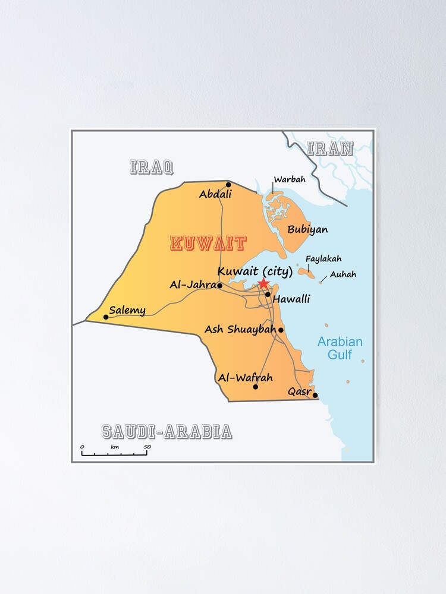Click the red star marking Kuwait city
point(263,283)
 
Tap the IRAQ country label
point(152,167)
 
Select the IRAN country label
point(330,148)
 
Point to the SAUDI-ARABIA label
point(167,432)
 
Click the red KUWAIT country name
point(208,244)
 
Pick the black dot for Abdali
point(228,184)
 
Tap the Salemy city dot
point(106,317)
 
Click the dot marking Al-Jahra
point(219,286)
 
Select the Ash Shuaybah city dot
point(281,330)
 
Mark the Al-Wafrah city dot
point(256,387)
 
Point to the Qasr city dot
point(315,395)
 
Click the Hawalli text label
point(291,299)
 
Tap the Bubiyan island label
point(307,229)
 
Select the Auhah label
point(343,274)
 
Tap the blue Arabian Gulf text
point(340,349)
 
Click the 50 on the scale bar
point(147,447)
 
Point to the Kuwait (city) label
point(255,271)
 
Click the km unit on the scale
point(115,447)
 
